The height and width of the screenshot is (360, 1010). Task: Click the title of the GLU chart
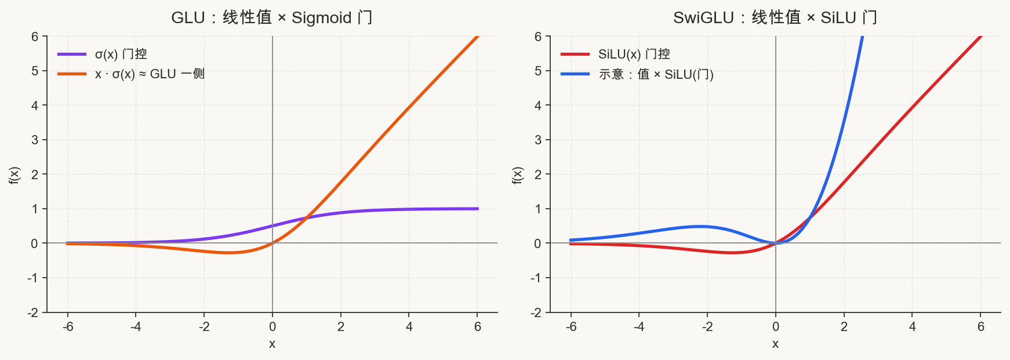pos(271,17)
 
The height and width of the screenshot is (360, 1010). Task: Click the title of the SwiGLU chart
pos(775,17)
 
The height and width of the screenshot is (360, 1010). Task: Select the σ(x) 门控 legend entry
pos(103,54)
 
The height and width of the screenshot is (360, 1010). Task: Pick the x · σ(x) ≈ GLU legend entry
pos(131,74)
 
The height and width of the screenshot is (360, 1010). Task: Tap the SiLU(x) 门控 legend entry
pos(615,54)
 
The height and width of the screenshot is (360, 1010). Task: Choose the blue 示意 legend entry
pos(637,74)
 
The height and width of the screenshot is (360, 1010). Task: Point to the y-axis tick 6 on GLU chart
pos(35,37)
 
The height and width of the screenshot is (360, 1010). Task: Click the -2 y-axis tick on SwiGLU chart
pos(536,312)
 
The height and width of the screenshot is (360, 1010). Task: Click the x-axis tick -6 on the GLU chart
pos(68,327)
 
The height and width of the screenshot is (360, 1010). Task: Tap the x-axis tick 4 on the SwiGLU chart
pos(913,327)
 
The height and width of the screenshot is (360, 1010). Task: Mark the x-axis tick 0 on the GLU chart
pos(273,327)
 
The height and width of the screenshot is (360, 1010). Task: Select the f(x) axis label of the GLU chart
pos(14,175)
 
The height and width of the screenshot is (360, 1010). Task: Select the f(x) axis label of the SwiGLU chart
pos(518,175)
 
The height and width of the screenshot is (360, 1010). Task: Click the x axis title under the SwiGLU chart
pos(775,344)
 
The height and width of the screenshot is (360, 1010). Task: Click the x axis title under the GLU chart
pos(272,344)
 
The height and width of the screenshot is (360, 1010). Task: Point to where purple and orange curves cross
pos(307,218)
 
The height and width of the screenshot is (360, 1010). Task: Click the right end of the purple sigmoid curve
pos(478,209)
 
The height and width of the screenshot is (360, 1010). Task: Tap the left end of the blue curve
pos(571,240)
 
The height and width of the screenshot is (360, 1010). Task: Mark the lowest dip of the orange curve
pos(229,253)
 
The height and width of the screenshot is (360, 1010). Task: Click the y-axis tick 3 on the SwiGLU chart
pos(538,140)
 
